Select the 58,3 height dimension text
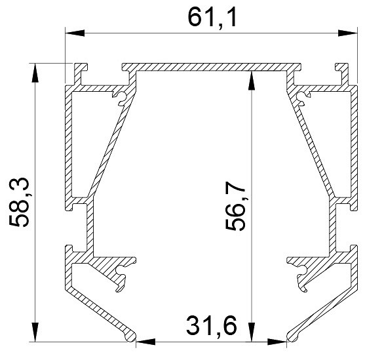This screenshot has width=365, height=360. click(x=20, y=203)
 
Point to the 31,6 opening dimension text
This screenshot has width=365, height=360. click(x=210, y=326)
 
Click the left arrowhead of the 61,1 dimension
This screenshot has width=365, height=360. click(x=71, y=32)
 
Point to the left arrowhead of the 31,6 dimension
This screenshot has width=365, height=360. click(x=142, y=341)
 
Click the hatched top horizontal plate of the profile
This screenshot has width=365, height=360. click(x=210, y=67)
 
